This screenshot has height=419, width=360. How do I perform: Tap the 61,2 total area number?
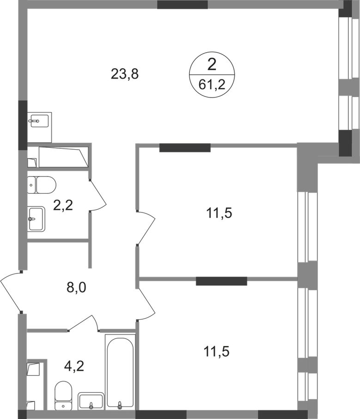click(212, 85)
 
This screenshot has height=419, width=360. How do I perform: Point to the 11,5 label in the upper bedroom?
click(218, 213)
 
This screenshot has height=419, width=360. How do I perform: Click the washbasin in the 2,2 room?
click(38, 219)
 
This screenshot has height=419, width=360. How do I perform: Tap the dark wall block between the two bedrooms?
click(221, 281)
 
